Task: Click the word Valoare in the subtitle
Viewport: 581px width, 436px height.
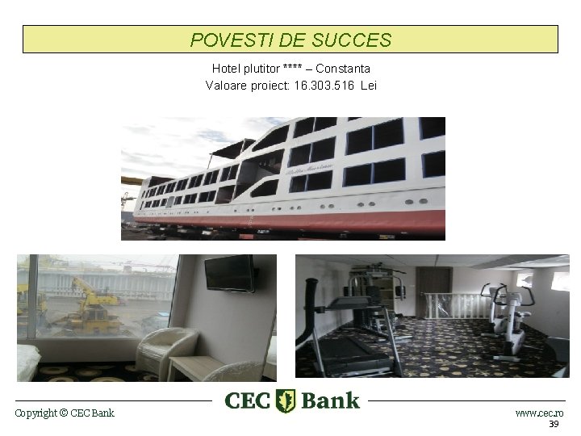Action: pos(227,85)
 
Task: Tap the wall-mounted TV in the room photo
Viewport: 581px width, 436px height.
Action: pos(229,273)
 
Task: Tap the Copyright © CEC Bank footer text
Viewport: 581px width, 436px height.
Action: pos(65,413)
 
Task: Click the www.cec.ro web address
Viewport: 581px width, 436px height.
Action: pos(539,413)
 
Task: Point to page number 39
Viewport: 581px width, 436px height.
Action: pos(554,425)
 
